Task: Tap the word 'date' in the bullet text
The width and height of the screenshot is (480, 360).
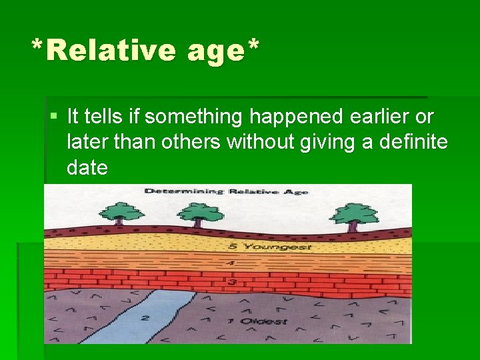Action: click(x=87, y=167)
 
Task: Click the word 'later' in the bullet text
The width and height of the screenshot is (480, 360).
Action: click(x=89, y=142)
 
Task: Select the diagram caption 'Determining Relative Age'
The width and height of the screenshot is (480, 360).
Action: click(x=227, y=192)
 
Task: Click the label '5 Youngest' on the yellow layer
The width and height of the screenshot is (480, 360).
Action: click(x=261, y=247)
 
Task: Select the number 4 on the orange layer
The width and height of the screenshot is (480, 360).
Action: click(x=231, y=263)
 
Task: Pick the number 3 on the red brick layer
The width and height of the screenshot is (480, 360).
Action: click(x=233, y=283)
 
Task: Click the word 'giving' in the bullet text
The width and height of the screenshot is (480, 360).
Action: click(x=326, y=142)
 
